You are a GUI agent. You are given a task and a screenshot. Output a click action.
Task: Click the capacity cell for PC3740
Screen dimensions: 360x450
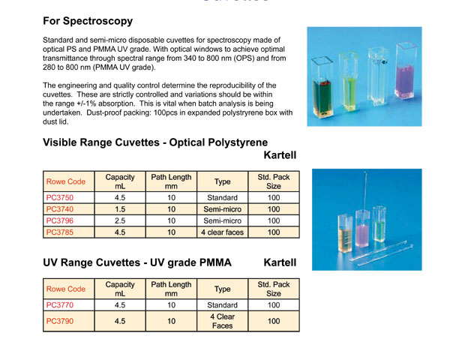point(119,209)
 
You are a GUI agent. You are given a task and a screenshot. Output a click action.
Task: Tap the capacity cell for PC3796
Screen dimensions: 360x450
point(119,221)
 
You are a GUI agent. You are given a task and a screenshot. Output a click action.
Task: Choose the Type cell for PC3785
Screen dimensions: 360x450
point(222,232)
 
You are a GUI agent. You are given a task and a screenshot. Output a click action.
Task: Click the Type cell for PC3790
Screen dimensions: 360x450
point(222,321)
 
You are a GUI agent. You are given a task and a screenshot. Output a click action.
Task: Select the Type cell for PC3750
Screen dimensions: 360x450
point(222,199)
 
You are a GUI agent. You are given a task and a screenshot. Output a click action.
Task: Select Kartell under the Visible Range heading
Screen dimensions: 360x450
point(280,157)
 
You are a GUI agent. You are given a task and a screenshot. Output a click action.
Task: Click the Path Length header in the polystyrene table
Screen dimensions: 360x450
point(171,181)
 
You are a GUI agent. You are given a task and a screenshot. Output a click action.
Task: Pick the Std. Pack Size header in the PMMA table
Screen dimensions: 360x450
point(274,289)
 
